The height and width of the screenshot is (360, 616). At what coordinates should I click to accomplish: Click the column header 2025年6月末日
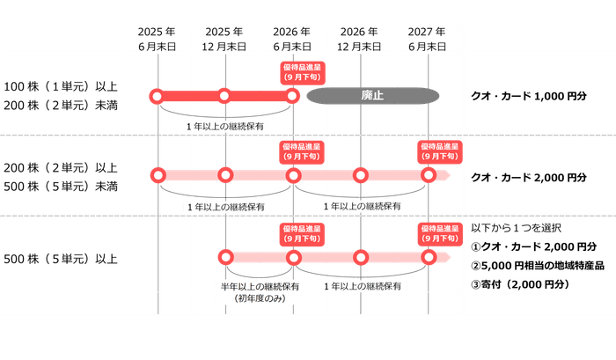click(157, 37)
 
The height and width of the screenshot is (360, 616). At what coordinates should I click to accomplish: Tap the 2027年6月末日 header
click(429, 37)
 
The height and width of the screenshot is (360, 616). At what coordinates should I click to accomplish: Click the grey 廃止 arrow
click(374, 94)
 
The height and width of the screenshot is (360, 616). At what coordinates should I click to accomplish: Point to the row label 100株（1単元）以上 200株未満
click(61, 95)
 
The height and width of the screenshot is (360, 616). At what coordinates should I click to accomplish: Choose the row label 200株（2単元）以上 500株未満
click(61, 175)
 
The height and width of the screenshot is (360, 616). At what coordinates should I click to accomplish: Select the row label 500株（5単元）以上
click(61, 259)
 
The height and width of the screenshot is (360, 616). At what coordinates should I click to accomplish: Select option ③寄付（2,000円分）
click(520, 284)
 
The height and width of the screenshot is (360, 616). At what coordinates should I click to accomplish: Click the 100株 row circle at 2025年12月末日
click(224, 95)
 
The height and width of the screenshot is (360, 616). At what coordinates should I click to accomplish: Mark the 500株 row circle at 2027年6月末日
click(429, 257)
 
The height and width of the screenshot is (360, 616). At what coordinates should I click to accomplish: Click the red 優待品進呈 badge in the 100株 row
click(301, 70)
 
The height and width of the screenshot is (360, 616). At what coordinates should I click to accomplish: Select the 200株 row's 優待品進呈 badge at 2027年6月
click(438, 151)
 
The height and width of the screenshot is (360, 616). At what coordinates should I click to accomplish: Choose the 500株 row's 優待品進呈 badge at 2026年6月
click(301, 233)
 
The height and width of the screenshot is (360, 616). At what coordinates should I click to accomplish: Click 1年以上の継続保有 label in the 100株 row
click(226, 126)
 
